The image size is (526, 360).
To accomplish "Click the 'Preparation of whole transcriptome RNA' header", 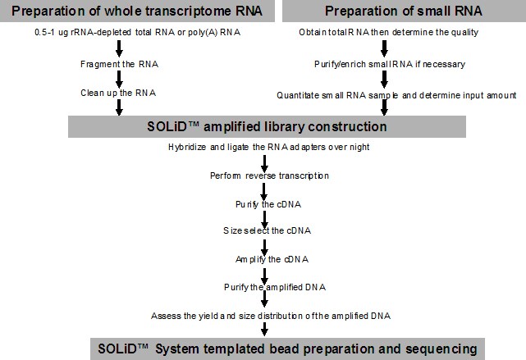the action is [x=137, y=11].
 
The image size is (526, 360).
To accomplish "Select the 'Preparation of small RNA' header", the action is [x=404, y=11].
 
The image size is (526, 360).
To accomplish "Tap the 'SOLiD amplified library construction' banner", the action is [x=267, y=127].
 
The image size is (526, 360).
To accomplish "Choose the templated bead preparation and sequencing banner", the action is [x=287, y=349].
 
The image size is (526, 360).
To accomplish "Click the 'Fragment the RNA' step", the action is [x=120, y=64].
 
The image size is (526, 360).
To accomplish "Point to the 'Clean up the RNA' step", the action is [x=118, y=93].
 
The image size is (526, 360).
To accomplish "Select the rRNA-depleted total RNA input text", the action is [x=138, y=33].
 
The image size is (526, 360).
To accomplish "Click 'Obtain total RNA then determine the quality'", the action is [x=388, y=33].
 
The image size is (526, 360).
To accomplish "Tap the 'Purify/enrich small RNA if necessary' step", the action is [x=390, y=64].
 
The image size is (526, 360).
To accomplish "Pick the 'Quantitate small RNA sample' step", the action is [x=396, y=95].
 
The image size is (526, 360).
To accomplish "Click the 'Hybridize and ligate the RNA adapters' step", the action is [x=268, y=147].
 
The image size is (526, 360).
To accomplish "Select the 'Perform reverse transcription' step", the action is [x=269, y=175].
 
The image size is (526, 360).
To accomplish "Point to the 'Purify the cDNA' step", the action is [x=268, y=204].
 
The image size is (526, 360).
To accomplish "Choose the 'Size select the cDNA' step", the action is [x=267, y=230].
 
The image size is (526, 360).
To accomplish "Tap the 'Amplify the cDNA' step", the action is [x=272, y=259].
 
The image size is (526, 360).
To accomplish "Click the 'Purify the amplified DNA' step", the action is [x=275, y=287].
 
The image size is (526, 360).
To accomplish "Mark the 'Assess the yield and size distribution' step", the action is [x=271, y=316].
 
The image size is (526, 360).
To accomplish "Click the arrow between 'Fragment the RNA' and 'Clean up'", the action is [x=119, y=79].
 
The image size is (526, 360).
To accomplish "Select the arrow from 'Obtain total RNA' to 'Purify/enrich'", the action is [x=384, y=48].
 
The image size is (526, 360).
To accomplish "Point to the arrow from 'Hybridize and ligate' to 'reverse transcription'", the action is [x=264, y=163].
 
